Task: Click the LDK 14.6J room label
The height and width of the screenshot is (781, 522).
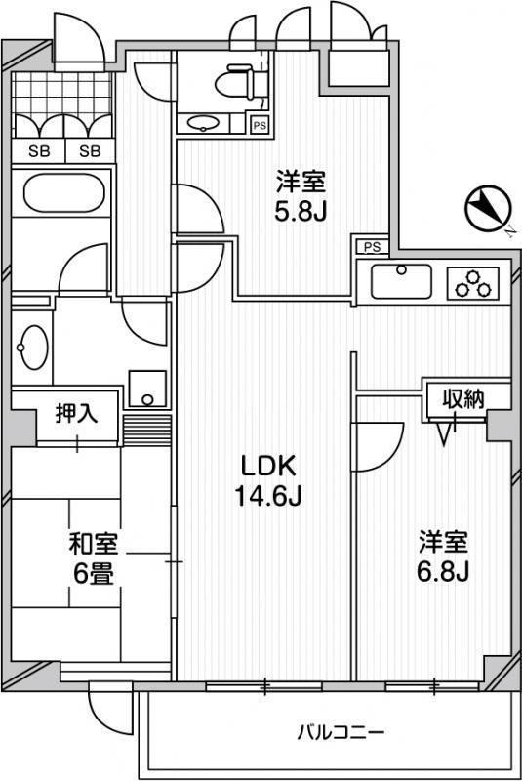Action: (x=268, y=480)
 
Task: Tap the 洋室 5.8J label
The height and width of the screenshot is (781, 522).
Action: (x=301, y=196)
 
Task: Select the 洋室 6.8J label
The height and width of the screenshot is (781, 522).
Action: (x=443, y=556)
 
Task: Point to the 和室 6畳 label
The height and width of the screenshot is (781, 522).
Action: (x=94, y=558)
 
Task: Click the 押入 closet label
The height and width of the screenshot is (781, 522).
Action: (x=76, y=413)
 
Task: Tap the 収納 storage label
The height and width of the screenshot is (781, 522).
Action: (x=463, y=398)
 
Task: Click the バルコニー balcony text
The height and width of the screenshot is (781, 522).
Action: (x=341, y=733)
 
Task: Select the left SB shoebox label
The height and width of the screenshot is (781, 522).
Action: (x=39, y=151)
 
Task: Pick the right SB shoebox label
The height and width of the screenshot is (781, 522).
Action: (x=90, y=151)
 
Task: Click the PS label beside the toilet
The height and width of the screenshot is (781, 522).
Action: (x=260, y=126)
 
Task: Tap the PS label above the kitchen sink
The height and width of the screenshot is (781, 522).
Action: (x=372, y=246)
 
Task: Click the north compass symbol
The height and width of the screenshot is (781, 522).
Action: (x=488, y=208)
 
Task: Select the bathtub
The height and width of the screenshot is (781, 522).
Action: (x=63, y=192)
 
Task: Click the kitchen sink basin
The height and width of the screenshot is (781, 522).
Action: (x=402, y=281)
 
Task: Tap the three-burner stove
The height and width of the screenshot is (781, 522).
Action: (x=473, y=283)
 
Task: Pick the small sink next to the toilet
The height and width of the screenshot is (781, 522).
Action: (x=204, y=123)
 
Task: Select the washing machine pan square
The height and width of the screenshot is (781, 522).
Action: (x=147, y=389)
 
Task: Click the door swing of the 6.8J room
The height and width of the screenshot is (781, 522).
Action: (x=378, y=447)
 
